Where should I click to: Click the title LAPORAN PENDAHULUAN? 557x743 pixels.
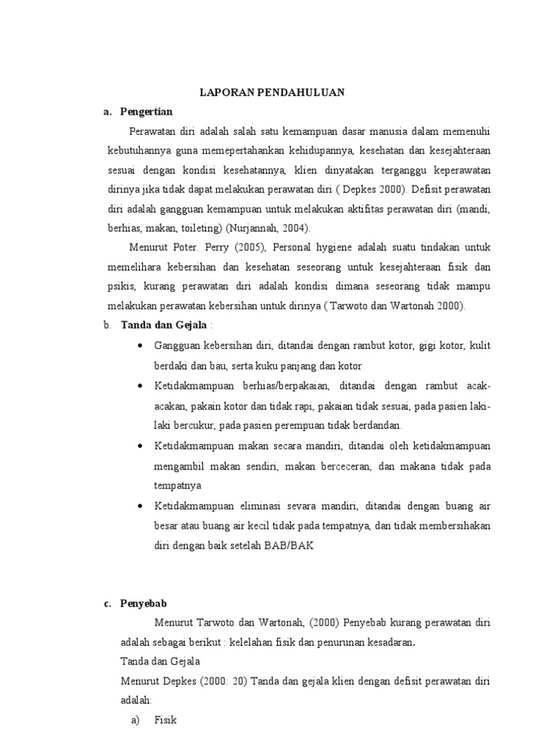tap(272, 92)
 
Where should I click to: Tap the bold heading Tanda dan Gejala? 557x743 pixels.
tap(164, 324)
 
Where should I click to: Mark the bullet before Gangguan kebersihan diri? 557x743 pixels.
tap(140, 348)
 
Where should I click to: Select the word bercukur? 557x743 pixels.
tap(189, 425)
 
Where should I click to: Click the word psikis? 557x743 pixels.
tap(118, 286)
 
